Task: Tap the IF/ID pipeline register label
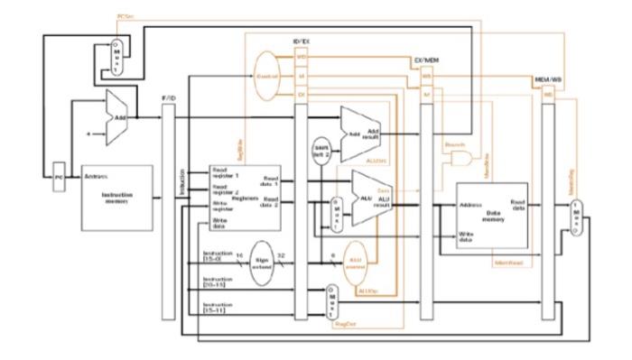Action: coord(166,96)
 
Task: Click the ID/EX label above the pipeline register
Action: coord(302,42)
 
